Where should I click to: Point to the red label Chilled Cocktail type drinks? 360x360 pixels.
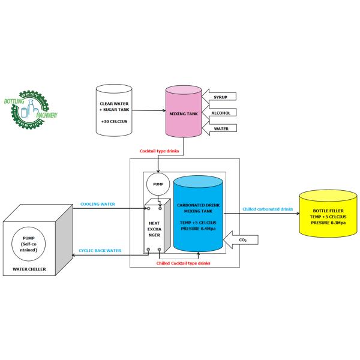tap(184, 264)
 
